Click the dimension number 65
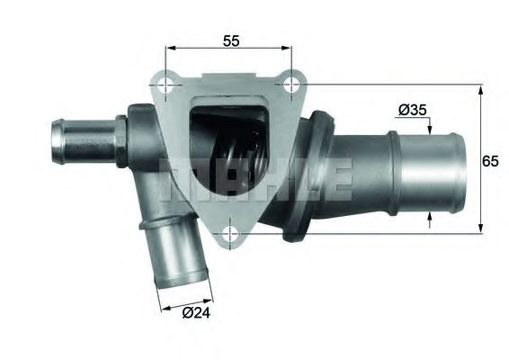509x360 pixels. tap(492, 162)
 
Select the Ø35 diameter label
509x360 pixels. tap(411, 111)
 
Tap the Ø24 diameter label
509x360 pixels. tap(198, 314)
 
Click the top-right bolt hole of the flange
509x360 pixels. tap(290, 84)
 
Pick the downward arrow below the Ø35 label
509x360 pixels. tap(430, 125)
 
